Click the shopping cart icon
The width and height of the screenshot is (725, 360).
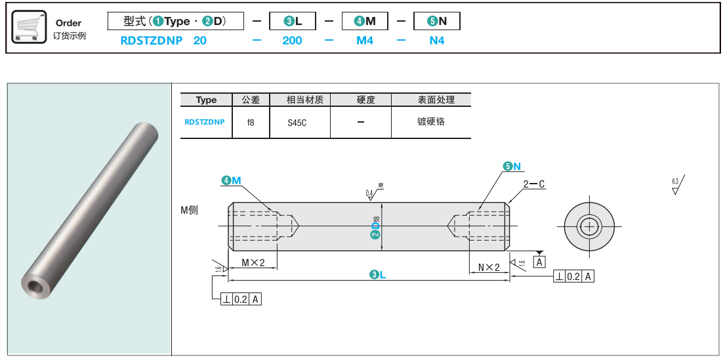coord(30,27)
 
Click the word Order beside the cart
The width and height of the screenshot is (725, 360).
coord(69,23)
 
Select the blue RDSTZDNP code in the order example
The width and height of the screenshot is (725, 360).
coord(152,41)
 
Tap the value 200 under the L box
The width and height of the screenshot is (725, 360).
coord(292,41)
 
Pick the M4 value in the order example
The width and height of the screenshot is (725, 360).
coord(365,41)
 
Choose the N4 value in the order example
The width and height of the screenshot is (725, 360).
coord(437,41)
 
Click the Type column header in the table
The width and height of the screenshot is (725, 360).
coord(206,100)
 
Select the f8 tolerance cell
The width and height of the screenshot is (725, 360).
coord(251,122)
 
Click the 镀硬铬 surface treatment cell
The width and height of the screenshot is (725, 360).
coord(431,122)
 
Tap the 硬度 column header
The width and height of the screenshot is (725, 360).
coord(365,100)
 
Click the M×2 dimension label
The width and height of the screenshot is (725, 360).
coord(253,264)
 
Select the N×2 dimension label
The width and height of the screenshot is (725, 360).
coord(489,267)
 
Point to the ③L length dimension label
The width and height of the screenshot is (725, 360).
coord(377,275)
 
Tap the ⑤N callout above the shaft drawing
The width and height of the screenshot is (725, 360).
coord(512,167)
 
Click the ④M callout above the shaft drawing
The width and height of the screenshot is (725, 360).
coord(231,180)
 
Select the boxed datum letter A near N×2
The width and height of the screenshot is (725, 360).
coord(539,262)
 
